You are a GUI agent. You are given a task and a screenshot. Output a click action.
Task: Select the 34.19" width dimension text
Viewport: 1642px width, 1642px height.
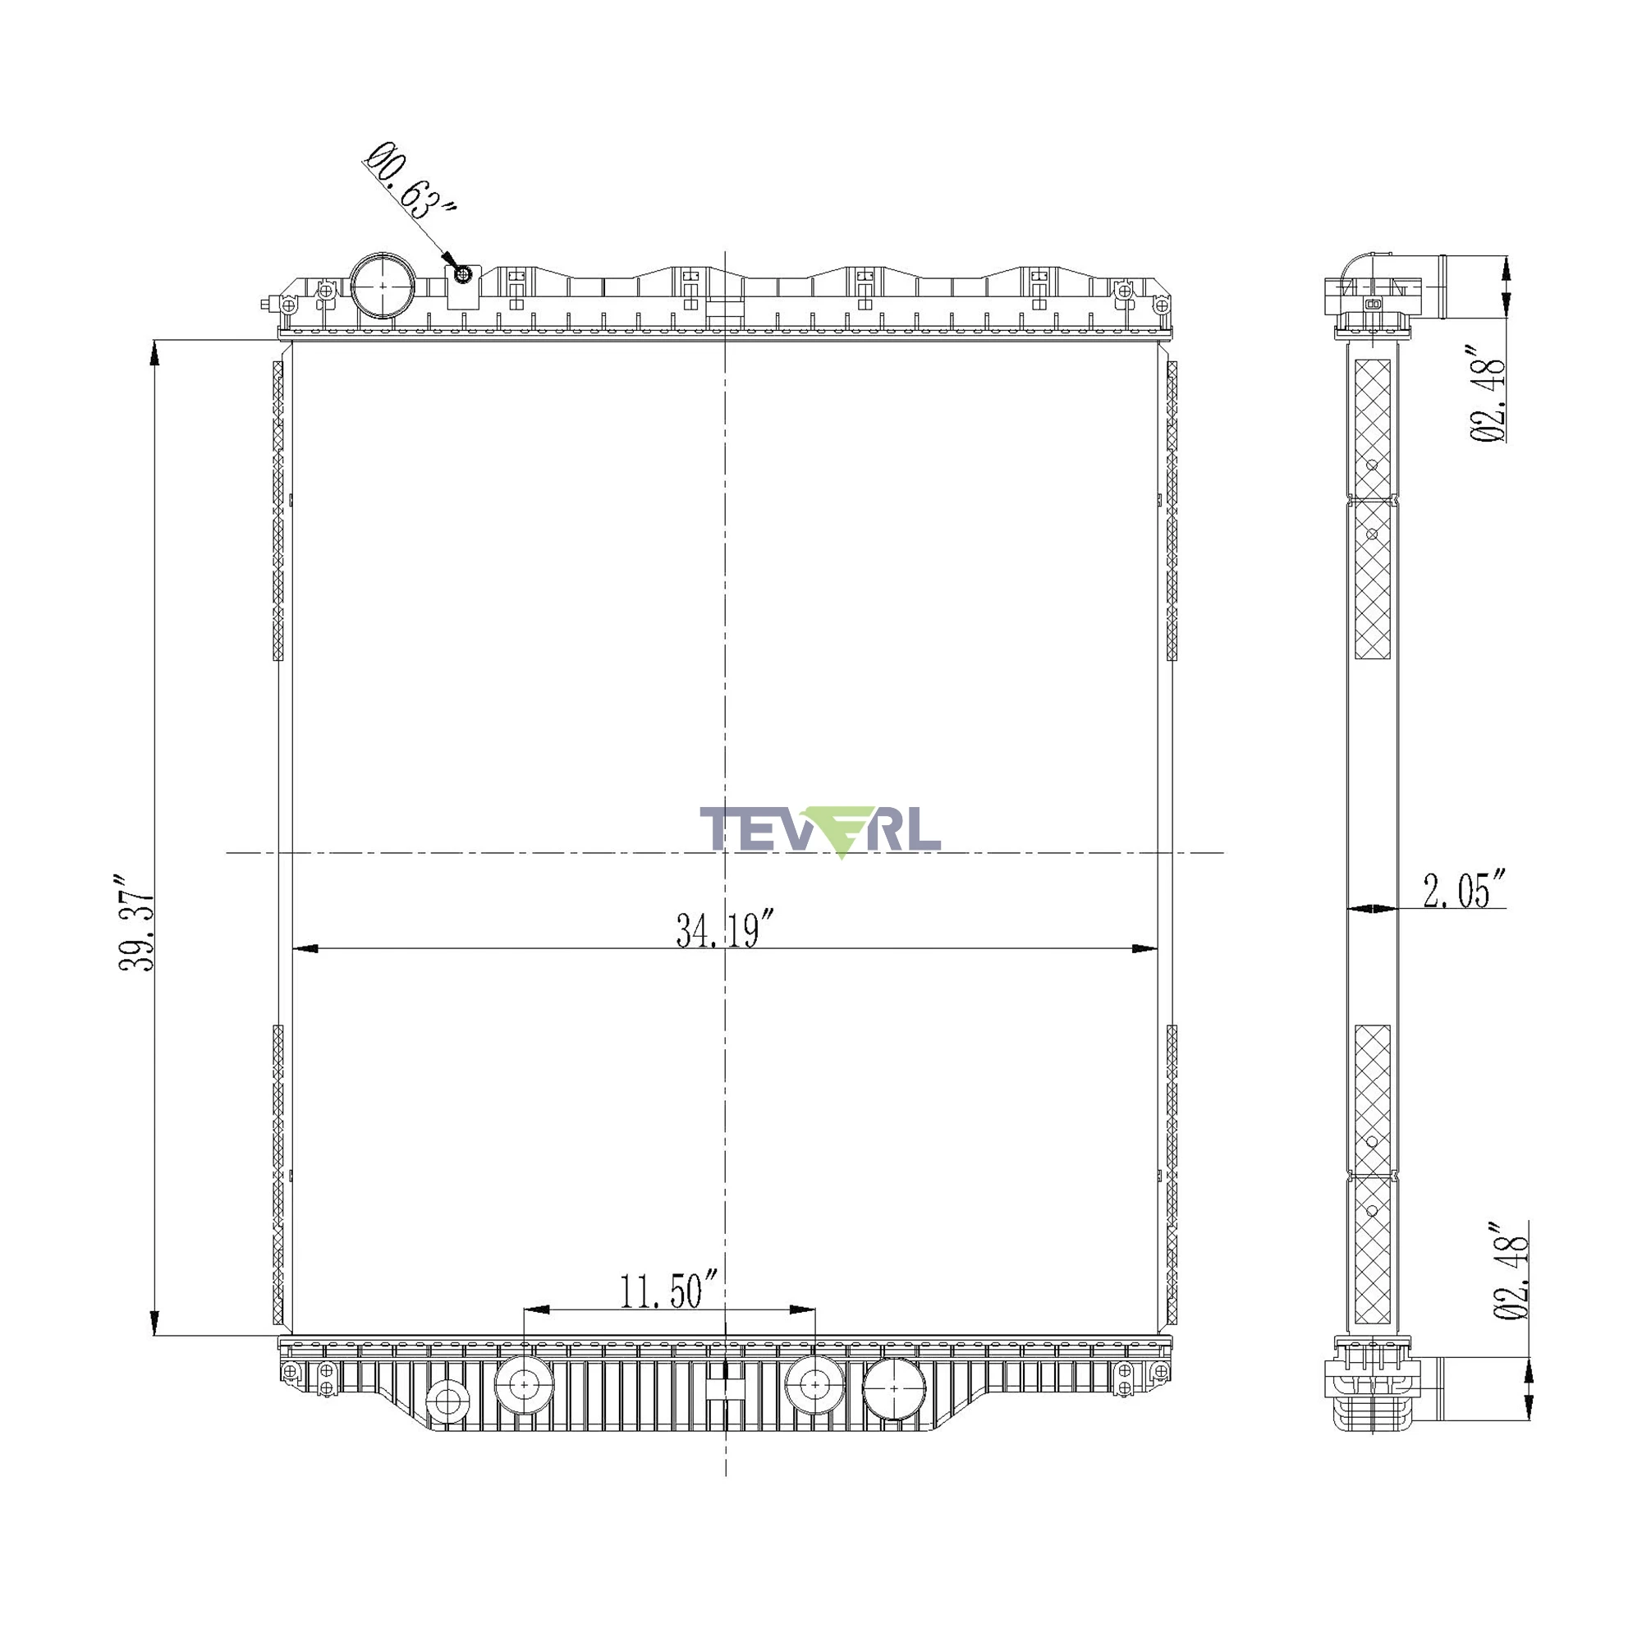point(725,930)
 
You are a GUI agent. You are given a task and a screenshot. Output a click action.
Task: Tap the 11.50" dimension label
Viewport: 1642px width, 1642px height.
point(669,1291)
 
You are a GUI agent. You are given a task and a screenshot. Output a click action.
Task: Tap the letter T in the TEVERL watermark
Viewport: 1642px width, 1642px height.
point(718,828)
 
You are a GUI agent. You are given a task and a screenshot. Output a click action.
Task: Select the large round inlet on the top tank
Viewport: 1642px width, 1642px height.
point(383,286)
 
